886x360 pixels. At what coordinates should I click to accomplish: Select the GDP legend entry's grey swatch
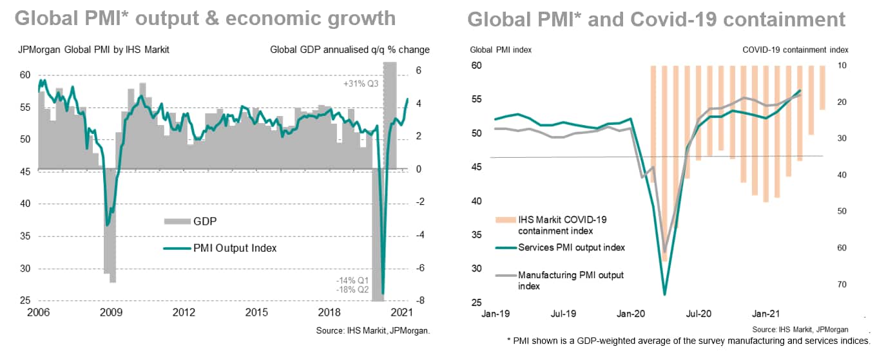point(173,221)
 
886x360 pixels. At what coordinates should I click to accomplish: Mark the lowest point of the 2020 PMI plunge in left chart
point(383,293)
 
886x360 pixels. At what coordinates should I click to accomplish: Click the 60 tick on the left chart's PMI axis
point(24,75)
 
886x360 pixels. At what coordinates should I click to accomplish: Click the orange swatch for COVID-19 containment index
point(504,220)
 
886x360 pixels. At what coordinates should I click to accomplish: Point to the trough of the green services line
point(664,294)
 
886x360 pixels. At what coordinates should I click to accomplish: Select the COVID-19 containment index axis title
point(795,50)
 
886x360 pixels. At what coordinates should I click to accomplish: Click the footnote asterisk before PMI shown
point(508,340)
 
